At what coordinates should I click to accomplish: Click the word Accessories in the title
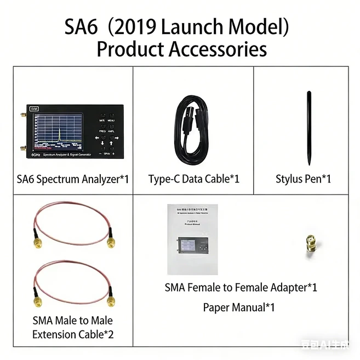pyautogui.click(x=218, y=49)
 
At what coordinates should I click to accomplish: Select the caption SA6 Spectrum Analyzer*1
pyautogui.click(x=72, y=179)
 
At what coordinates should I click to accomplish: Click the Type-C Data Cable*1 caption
pyautogui.click(x=193, y=179)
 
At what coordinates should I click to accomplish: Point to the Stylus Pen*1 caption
pyautogui.click(x=303, y=179)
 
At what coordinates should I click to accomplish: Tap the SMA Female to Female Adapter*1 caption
pyautogui.click(x=241, y=287)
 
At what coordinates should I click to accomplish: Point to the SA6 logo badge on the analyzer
pyautogui.click(x=34, y=109)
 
